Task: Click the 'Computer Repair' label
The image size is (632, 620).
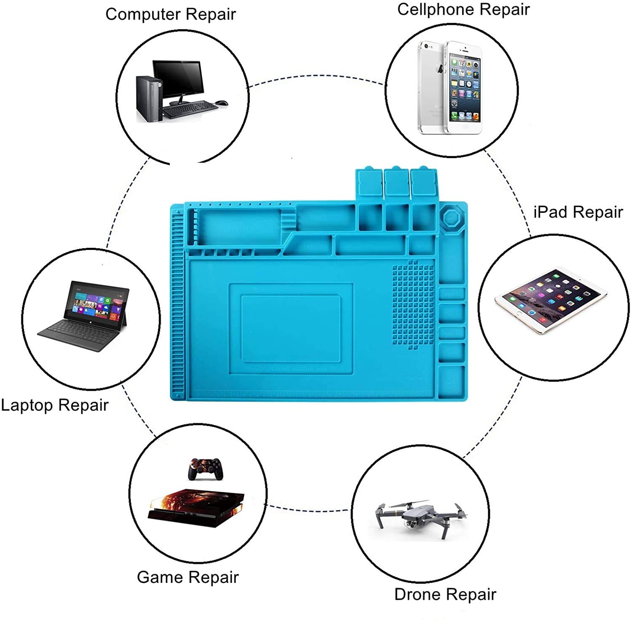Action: pos(170,14)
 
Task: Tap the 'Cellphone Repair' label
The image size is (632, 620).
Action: pos(463,9)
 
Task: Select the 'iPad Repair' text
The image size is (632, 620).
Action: pos(578,212)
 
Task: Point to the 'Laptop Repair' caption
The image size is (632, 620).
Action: pos(54,405)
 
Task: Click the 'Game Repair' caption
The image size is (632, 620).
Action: pos(187,577)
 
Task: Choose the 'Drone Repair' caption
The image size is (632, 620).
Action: pos(445,594)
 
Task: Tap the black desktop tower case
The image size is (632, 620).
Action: pos(149,99)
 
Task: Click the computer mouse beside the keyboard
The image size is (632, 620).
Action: pos(222,103)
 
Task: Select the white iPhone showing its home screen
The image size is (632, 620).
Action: pos(464,88)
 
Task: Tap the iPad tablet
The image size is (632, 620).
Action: pos(551,300)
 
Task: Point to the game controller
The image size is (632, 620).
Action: pos(205,469)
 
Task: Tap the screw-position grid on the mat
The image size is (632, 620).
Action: pos(413,303)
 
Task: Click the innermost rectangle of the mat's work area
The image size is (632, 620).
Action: pos(291,328)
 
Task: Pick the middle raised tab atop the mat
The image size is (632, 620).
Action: pos(396,182)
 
